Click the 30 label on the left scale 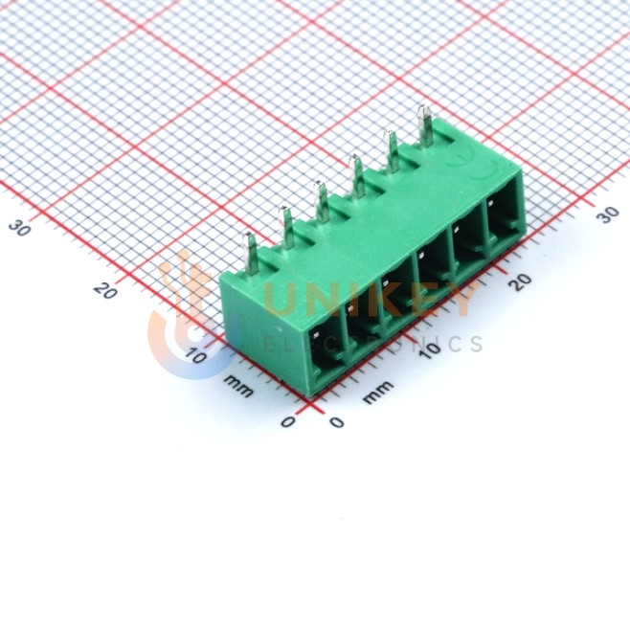19,228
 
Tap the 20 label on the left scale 105,290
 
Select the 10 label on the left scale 195,355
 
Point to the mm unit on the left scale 238,385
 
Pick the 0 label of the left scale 288,421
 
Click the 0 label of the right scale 337,422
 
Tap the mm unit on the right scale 377,392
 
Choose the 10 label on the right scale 430,350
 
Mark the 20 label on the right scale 520,282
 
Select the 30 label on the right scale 607,214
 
